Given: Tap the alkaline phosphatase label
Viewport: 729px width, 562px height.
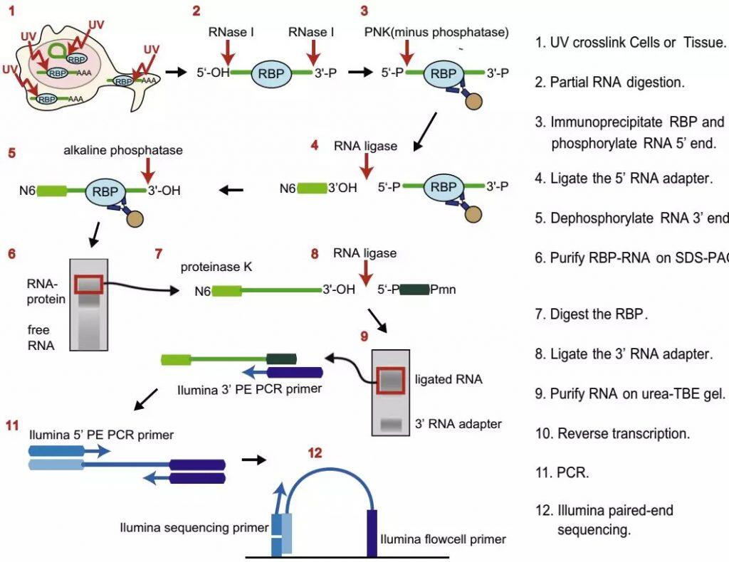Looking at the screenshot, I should click(x=122, y=151).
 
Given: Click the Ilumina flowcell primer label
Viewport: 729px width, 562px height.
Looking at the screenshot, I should click(x=444, y=539).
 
